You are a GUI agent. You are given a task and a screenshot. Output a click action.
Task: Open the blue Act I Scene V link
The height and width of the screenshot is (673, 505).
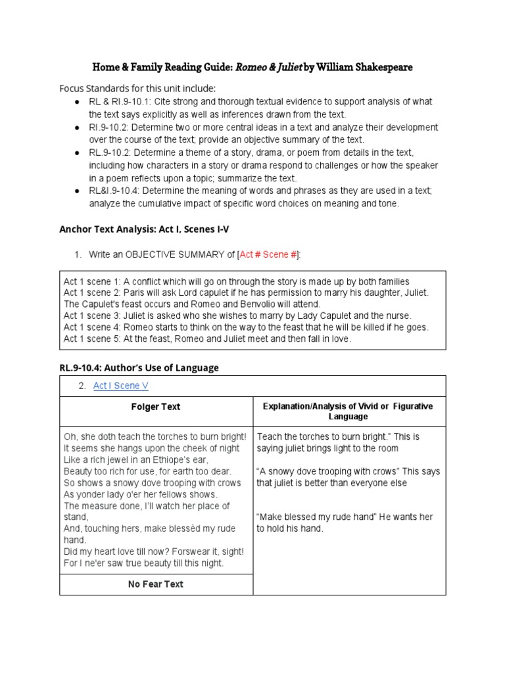(120, 386)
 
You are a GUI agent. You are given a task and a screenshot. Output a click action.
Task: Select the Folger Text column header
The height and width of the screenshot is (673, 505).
(156, 407)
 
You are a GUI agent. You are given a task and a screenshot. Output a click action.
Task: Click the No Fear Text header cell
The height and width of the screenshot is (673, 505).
(156, 584)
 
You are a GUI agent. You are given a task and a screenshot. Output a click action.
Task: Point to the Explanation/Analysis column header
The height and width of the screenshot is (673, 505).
(348, 411)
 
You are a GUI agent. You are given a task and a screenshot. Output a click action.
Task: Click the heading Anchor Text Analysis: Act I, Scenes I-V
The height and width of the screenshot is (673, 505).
(144, 229)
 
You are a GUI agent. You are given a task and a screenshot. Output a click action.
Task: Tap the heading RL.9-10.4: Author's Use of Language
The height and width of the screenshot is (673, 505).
(139, 368)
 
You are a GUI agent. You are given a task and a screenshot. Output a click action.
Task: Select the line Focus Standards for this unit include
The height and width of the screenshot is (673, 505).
(137, 89)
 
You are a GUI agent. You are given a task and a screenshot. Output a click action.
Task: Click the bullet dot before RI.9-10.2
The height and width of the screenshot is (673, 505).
(77, 127)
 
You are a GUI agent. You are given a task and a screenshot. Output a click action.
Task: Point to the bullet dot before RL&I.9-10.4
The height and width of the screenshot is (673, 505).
(77, 191)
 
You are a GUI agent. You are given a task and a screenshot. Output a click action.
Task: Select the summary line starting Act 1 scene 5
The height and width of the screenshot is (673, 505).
(207, 339)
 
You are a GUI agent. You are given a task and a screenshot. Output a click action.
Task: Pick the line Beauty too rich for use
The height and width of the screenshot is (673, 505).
(147, 472)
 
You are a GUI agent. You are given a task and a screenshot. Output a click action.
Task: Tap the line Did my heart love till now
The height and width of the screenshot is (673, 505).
(153, 551)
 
